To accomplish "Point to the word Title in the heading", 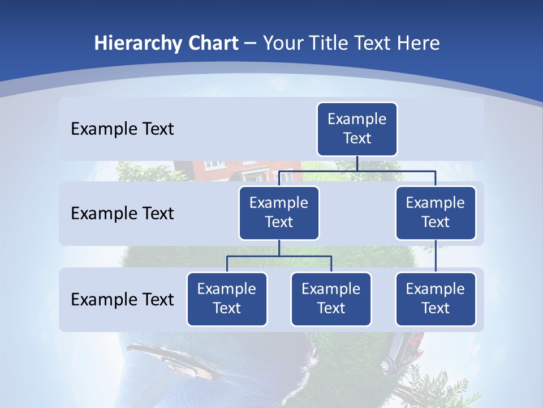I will (331, 44).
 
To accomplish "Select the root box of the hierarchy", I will (357, 129).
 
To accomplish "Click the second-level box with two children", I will (279, 212).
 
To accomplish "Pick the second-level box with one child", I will (436, 212).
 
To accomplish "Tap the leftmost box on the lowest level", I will (227, 299).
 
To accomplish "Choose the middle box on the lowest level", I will (331, 299).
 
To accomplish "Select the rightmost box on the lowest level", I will (436, 299).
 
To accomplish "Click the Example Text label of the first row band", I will (122, 129).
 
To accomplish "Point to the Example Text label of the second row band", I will (122, 214).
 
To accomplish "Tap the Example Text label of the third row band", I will (122, 299).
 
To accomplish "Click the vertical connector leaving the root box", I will (357, 163).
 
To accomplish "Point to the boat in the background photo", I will (170, 360).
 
